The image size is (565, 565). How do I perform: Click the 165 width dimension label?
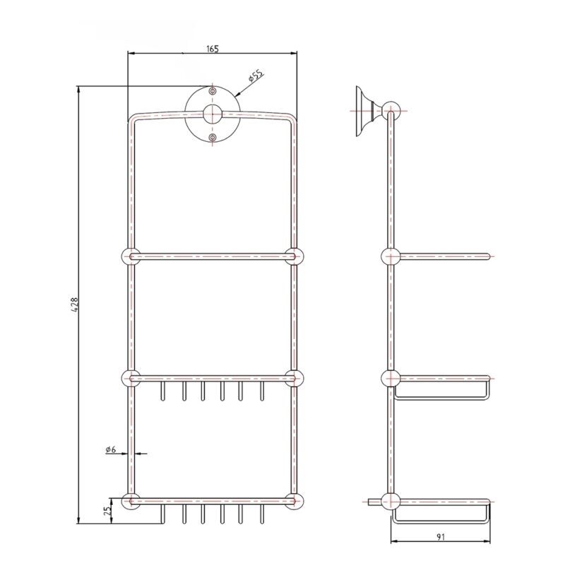coord(213,49)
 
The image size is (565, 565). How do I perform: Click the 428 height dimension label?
coord(75,304)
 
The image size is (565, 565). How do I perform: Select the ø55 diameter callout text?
coord(256,76)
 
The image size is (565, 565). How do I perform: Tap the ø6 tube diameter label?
coord(111,449)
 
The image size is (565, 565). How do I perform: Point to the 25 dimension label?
coord(107,511)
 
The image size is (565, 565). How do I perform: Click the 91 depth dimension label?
coord(441,537)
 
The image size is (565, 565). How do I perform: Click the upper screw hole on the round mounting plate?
coord(213,91)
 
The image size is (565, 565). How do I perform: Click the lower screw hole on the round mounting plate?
coord(213,137)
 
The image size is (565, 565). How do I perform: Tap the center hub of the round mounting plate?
coord(213,114)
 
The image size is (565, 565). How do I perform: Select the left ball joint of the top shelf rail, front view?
coord(130,256)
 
